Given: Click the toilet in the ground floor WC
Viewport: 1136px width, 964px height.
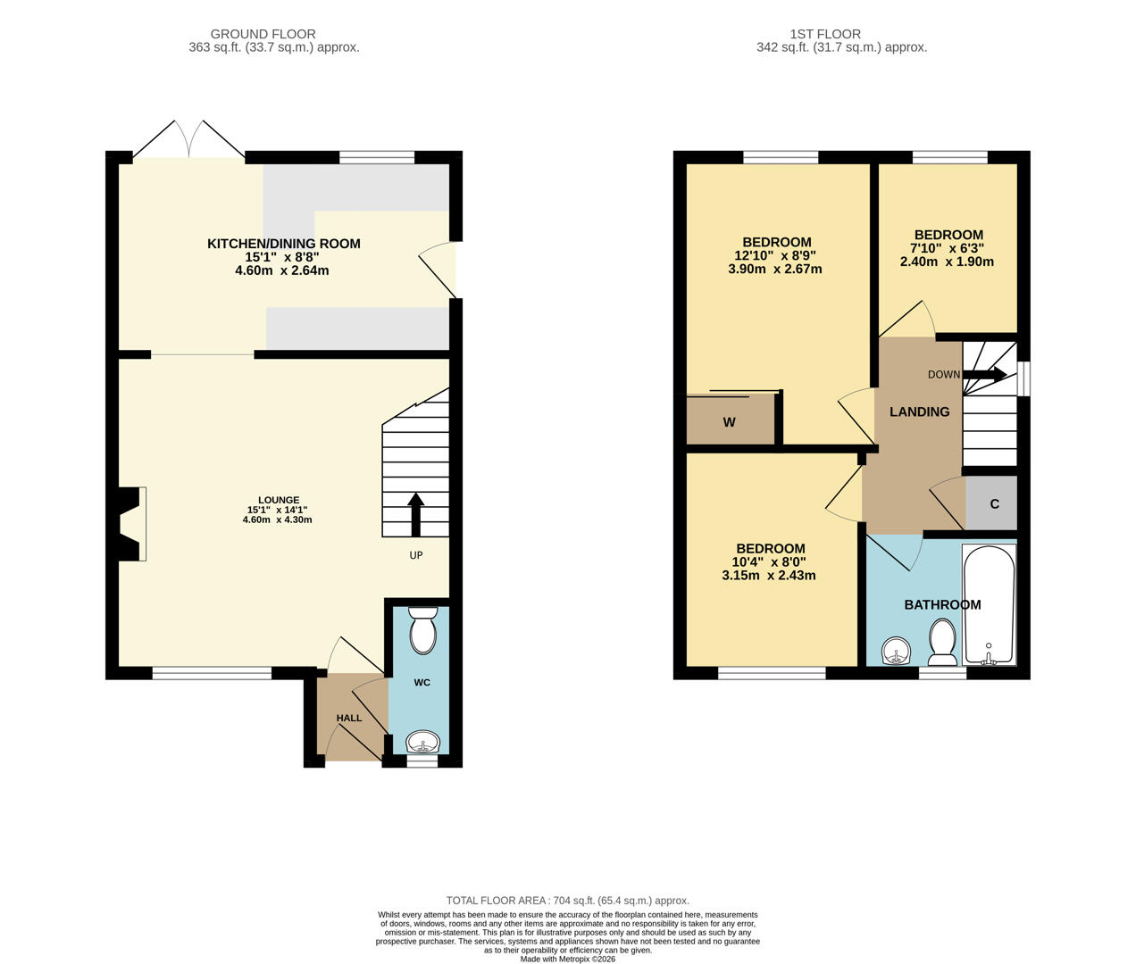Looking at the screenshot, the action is [x=422, y=630].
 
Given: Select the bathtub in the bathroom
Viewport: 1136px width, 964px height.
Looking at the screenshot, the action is [x=988, y=605].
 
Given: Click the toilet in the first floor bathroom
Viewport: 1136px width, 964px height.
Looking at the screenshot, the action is [x=942, y=642].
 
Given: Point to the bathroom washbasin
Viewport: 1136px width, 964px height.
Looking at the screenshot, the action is [x=897, y=652].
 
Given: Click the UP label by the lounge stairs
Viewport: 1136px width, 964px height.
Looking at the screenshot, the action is [x=416, y=555].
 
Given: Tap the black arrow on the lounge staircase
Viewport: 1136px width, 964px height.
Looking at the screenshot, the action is [x=416, y=515].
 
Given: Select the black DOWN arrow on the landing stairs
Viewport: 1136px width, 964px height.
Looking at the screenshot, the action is [x=984, y=375].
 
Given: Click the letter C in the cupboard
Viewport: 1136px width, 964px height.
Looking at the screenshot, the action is [x=994, y=503].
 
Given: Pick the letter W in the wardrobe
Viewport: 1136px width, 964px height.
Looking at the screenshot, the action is [x=729, y=422].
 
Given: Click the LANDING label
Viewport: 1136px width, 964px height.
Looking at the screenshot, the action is [x=920, y=412].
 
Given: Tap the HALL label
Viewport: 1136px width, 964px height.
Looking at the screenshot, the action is [x=349, y=718].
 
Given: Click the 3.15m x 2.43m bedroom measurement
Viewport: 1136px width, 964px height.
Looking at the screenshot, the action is [x=769, y=576].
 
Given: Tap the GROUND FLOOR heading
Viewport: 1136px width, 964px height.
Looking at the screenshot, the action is [x=263, y=34].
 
